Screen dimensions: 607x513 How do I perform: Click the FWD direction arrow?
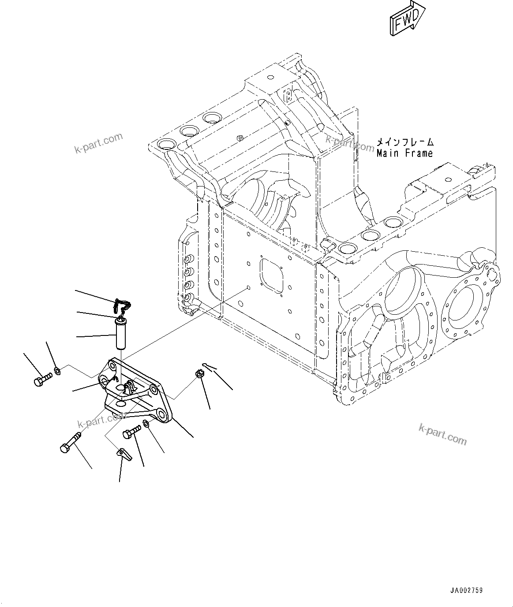(x=407, y=19)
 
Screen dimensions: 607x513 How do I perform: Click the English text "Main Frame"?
(x=404, y=153)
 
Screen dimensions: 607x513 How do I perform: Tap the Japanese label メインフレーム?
(x=404, y=142)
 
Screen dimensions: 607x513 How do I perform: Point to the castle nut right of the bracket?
(x=198, y=375)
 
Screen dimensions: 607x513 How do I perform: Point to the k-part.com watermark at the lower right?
(x=442, y=434)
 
